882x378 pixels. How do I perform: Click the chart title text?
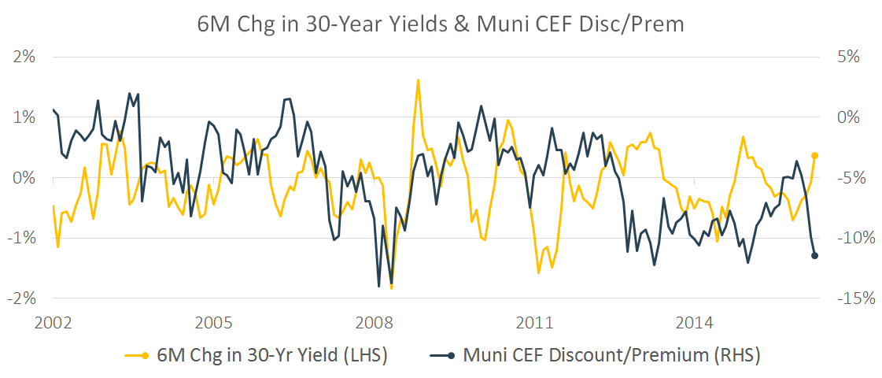[441, 24]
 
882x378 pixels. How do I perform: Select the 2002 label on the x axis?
[54, 323]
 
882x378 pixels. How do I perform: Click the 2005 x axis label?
[213, 323]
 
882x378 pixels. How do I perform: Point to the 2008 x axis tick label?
[374, 323]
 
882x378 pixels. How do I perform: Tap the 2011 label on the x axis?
[534, 323]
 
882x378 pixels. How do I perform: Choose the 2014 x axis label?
[695, 323]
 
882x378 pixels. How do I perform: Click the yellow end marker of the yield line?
[815, 156]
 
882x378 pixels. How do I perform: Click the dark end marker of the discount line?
[815, 255]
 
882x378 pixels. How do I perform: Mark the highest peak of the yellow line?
[418, 80]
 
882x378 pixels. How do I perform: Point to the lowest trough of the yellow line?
[391, 288]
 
